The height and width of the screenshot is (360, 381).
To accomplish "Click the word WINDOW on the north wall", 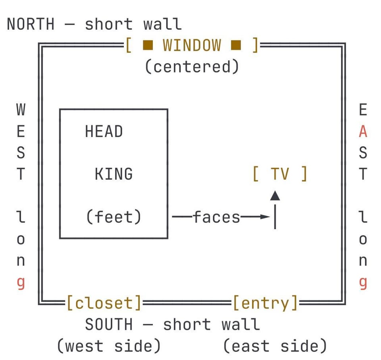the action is [192, 45].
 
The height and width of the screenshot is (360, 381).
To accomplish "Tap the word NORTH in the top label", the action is [31, 24].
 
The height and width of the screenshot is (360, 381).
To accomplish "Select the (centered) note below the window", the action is [192, 67].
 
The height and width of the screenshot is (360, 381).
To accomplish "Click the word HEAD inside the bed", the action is [104, 131].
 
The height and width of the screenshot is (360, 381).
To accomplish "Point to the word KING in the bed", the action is [114, 174].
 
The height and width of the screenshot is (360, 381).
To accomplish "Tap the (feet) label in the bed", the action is [114, 217].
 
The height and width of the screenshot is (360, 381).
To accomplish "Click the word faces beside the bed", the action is [217, 217].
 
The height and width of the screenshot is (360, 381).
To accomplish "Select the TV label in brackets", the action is [280, 174].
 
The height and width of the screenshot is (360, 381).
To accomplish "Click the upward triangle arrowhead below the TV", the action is [275, 195].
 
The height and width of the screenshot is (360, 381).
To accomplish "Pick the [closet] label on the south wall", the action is [104, 303].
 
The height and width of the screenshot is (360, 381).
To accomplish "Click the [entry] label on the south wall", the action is [266, 303].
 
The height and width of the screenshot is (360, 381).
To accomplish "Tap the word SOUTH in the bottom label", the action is [109, 324].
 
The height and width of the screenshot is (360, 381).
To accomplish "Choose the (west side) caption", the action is [109, 346].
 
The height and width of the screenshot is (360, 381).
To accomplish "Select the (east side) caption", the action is [275, 346].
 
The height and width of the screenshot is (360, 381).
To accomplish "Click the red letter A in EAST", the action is [363, 131].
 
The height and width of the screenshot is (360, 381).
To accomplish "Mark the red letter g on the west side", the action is [21, 283].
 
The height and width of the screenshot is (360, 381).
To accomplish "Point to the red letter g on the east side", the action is [363, 283].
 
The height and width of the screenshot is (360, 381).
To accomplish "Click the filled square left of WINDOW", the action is [148, 45].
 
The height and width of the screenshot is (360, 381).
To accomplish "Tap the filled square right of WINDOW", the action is [236, 45].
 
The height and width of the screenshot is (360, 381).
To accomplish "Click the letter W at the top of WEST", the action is [21, 110].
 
